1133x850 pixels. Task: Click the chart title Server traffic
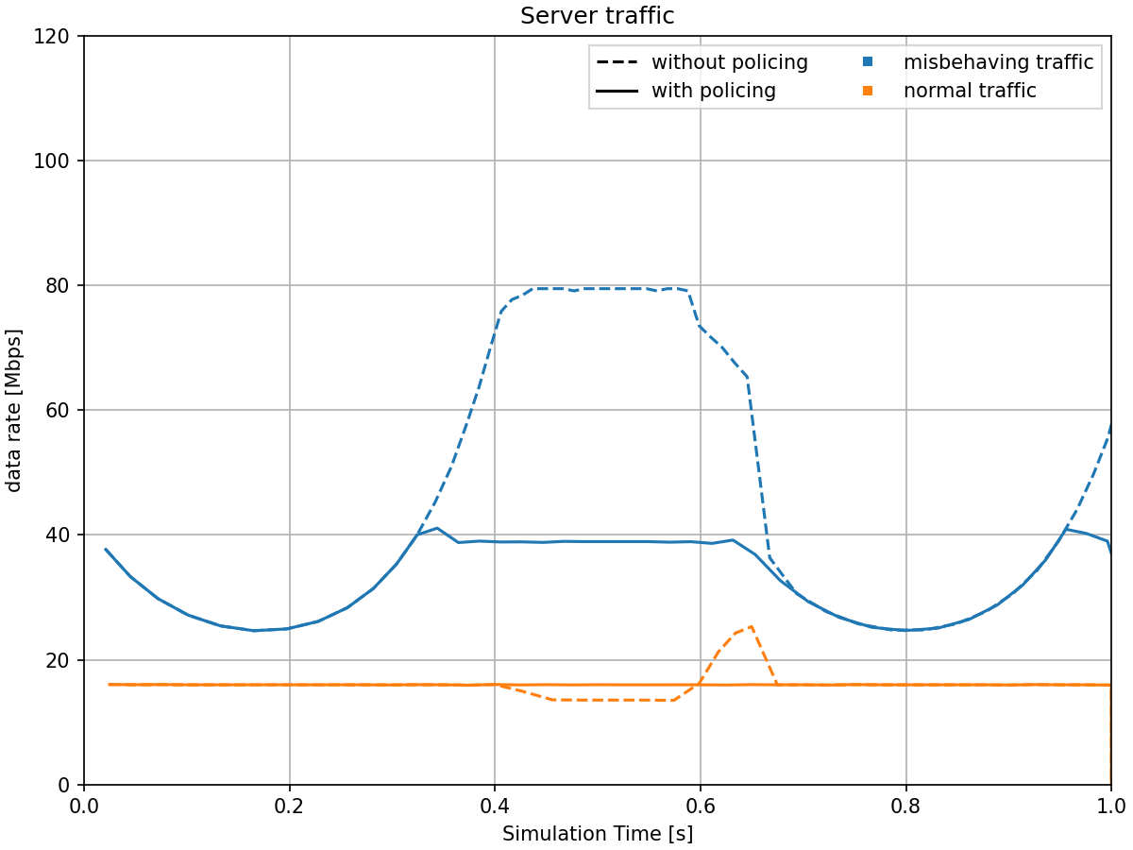[597, 16]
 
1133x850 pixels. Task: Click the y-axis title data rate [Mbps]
[14, 410]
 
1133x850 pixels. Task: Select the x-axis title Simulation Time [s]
[597, 834]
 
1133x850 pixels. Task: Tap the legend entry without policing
[729, 62]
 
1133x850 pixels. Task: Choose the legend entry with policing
[713, 91]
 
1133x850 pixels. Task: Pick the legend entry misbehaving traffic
[998, 62]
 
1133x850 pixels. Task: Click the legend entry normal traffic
[970, 91]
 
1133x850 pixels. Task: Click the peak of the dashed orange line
[750, 625]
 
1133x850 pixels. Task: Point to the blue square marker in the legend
[869, 62]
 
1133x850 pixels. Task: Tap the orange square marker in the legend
[869, 91]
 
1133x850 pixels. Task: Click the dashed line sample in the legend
[617, 62]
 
